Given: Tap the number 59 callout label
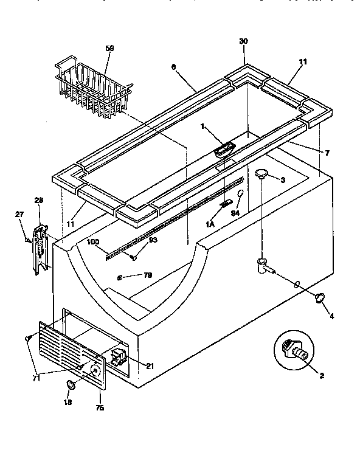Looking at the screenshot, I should pos(109,47).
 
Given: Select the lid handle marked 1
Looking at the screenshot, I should pos(224,148).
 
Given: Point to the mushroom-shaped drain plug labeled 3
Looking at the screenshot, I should pos(262,175).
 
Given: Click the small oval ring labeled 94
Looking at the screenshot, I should pos(241,194).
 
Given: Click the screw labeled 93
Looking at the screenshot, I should pos(131,258).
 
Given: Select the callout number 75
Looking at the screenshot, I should pos(100,408).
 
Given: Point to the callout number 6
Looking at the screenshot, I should pos(173,70).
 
